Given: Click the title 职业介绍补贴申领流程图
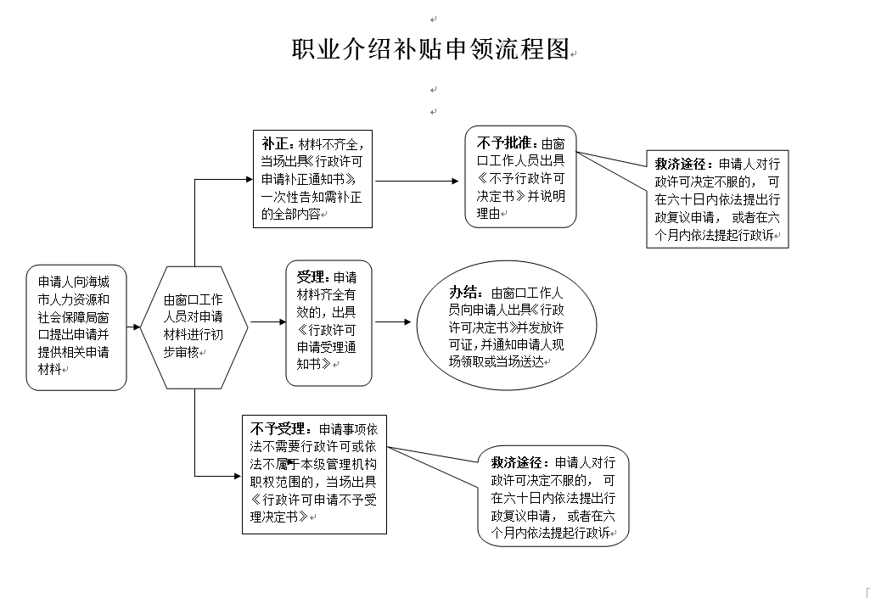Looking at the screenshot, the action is (x=430, y=49).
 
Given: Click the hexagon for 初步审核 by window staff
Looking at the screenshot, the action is (x=194, y=327).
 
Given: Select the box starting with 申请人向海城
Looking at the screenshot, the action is (x=76, y=327).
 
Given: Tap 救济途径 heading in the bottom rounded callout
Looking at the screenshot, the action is (x=518, y=462).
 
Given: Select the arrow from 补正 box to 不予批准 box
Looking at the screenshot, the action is (x=418, y=181).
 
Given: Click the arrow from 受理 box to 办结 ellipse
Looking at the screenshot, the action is (x=393, y=321).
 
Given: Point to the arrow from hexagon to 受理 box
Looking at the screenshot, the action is (x=268, y=321).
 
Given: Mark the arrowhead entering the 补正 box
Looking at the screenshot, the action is (x=250, y=179).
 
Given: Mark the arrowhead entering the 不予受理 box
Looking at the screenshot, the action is (x=238, y=476).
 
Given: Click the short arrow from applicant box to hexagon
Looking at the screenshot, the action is (x=134, y=327).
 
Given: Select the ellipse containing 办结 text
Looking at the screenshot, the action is (x=507, y=327).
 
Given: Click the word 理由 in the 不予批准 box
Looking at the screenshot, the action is (x=488, y=213).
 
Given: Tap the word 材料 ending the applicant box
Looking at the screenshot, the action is (x=49, y=369).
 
